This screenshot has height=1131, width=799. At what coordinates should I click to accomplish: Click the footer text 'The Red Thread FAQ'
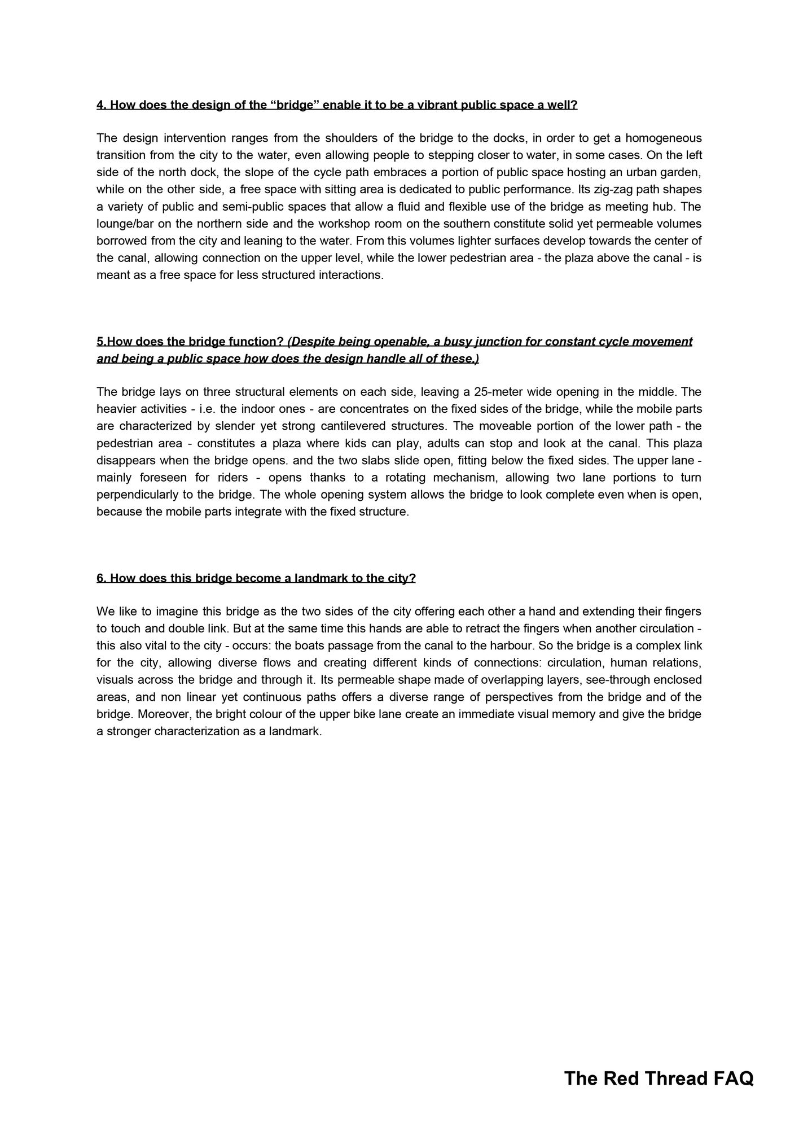[658, 1078]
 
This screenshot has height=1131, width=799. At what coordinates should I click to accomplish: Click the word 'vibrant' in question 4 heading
[437, 105]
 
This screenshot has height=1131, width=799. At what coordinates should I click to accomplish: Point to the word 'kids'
[354, 443]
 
